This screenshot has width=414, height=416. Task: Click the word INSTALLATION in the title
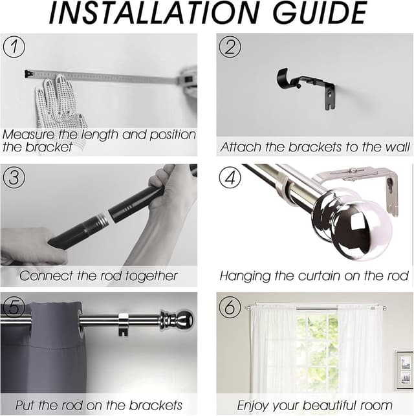tap(153, 13)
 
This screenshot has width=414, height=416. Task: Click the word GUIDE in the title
tap(320, 13)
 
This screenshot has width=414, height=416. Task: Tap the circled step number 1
tap(14, 47)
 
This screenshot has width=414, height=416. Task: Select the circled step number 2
tap(230, 47)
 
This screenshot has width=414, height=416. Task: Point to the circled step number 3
tap(14, 177)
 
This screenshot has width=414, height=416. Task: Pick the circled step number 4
tap(230, 177)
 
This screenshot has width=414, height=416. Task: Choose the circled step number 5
tap(14, 307)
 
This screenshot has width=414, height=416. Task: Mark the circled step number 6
tap(230, 307)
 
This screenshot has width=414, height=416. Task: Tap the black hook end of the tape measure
tap(29, 74)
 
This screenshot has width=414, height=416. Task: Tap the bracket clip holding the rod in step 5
tap(124, 324)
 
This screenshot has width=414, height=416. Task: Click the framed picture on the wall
tap(404, 370)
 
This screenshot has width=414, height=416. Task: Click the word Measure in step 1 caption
tap(28, 135)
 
